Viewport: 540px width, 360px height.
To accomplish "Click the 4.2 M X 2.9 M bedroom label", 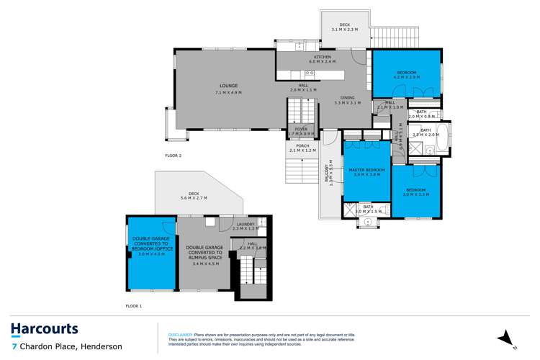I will coord(407,74).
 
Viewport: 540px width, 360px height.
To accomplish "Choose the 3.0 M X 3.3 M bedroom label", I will coord(415,192).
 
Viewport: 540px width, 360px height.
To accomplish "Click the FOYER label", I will coord(300,130).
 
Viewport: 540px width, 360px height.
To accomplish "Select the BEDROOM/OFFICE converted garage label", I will coord(151,245).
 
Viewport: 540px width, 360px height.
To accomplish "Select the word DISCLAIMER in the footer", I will coord(181,335).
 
